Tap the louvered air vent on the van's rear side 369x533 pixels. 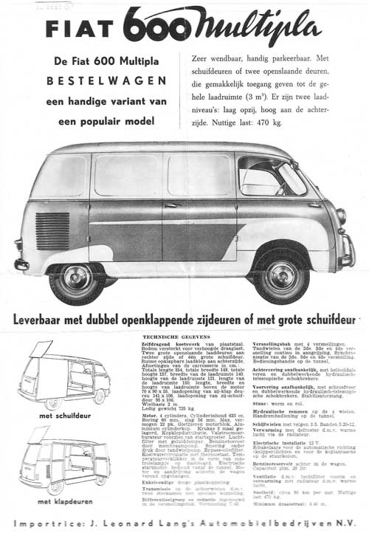point(52,231)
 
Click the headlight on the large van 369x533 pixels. point(341,216)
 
